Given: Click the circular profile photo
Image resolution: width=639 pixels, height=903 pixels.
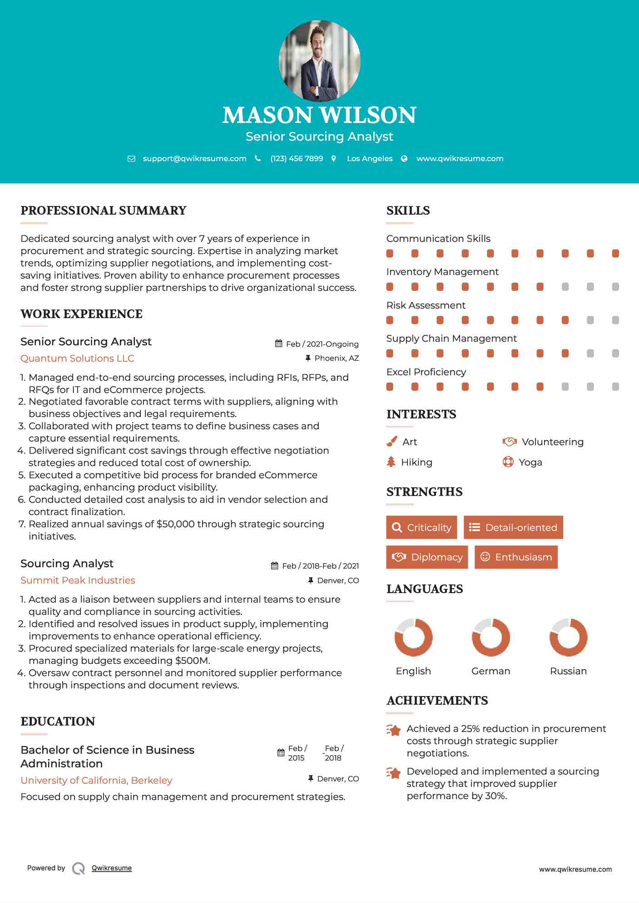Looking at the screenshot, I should point(319,60).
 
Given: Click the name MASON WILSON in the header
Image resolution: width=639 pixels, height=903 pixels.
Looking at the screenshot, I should point(319,115).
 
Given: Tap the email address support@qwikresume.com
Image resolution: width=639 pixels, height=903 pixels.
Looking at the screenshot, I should point(194,158).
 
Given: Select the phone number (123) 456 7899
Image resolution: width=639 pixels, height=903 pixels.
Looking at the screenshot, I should point(297,158).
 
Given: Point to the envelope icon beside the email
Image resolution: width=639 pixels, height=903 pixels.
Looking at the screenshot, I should point(131,159).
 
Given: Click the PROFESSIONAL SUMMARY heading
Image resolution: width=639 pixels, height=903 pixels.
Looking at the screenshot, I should point(104,211).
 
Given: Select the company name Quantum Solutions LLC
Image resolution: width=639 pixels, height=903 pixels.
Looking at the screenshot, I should point(77,358).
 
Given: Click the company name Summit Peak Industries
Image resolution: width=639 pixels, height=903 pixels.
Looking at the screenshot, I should point(78,580).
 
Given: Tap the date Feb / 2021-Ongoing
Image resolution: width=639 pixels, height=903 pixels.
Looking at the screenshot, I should point(322,344).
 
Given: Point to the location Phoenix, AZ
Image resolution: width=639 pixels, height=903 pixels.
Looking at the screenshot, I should point(337,358).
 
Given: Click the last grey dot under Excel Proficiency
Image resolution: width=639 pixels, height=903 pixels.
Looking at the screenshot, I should point(615,387).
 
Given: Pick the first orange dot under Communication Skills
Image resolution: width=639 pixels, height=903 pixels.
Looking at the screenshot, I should point(390,253).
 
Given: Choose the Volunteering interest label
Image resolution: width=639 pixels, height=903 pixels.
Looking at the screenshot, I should point(552,442).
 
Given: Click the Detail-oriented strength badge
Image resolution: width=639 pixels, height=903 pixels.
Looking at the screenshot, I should point(513,527).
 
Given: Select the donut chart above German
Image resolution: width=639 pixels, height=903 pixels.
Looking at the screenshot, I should point(490,637).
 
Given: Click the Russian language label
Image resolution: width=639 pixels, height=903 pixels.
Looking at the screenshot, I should point(568,671).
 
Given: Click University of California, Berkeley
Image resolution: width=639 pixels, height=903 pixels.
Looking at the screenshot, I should point(96,780).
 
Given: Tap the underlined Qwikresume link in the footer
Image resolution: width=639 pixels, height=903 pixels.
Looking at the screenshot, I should point(112,868).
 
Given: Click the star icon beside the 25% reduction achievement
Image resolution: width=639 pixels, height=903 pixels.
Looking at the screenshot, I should point(394,730).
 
